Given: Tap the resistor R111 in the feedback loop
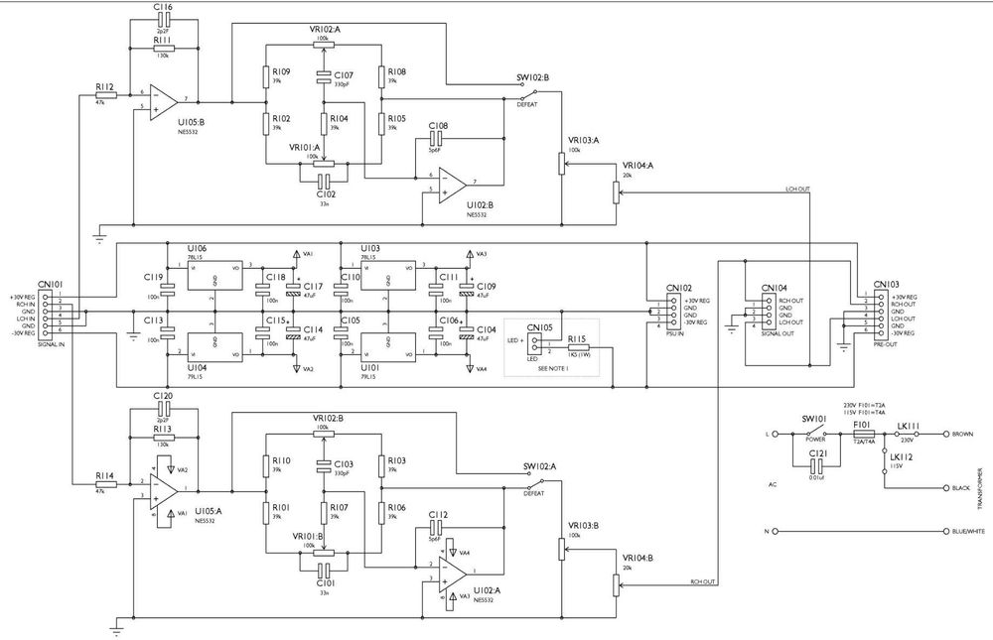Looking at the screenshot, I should (163, 47).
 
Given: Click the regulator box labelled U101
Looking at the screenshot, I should (386, 347).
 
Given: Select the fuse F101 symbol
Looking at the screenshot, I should (863, 435).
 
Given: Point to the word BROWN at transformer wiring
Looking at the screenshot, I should (962, 435).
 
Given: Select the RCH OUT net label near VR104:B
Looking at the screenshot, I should (702, 582).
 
